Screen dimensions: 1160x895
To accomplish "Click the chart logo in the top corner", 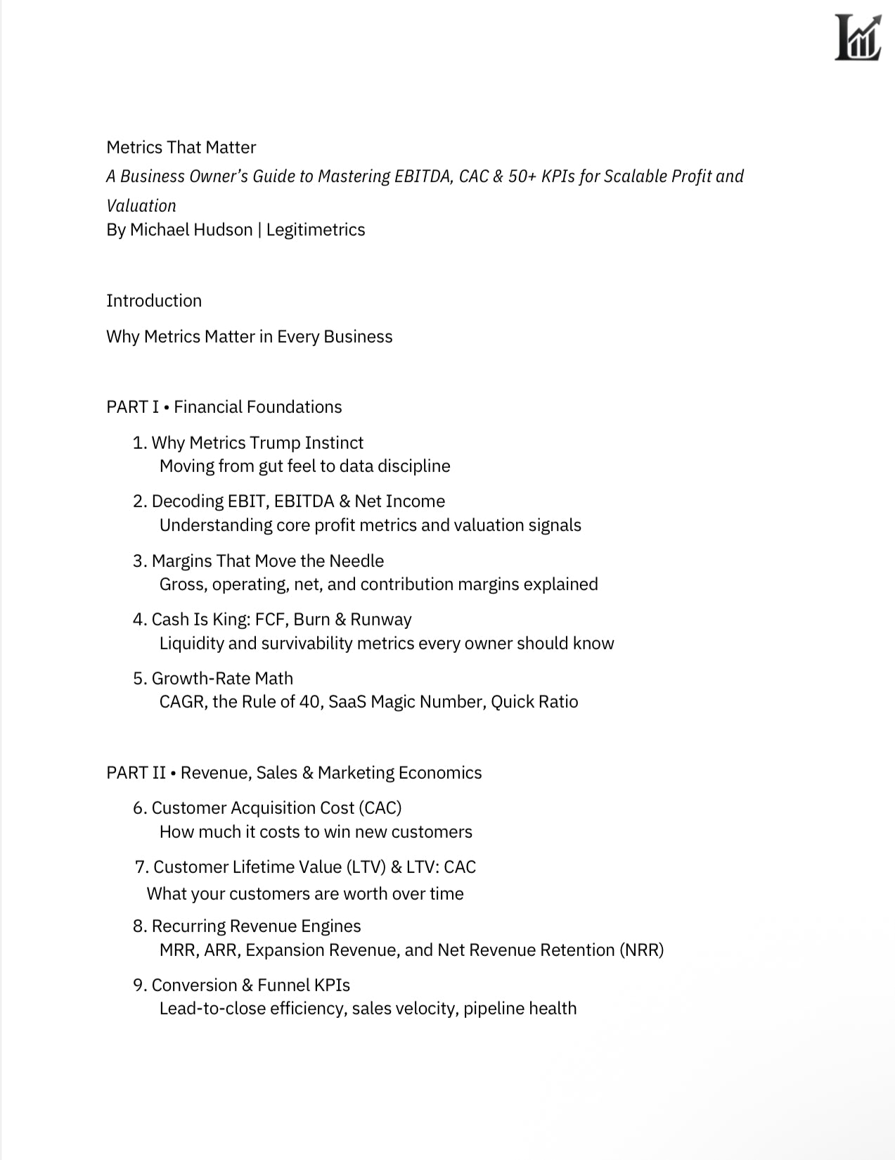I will tap(858, 38).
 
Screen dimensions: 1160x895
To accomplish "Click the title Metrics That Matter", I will tap(181, 147).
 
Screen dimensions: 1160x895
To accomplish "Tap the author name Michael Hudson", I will tap(191, 229).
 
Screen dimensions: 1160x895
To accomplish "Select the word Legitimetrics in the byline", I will tap(316, 229).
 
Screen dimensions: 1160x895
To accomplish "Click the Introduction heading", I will tap(154, 300).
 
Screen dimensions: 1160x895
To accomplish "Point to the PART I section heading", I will tap(224, 407).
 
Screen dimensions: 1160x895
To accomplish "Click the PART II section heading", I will tap(294, 772).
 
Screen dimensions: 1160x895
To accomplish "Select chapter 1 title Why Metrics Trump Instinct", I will tap(257, 442).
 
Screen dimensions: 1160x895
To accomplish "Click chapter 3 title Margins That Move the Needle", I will tap(267, 561).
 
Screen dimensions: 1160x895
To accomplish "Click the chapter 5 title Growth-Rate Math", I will tap(222, 678).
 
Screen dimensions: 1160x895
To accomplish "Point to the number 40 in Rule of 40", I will tap(309, 701).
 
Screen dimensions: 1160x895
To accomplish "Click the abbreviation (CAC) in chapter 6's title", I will tap(380, 808).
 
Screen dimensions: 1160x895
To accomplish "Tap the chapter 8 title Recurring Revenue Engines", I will tap(256, 926).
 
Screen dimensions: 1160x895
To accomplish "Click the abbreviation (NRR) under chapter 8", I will tap(641, 950).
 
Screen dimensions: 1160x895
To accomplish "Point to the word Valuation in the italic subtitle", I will tap(141, 205).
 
